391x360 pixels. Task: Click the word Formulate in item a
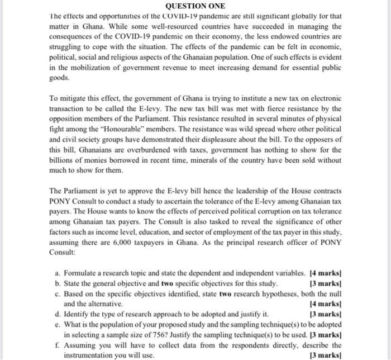point(82,273)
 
